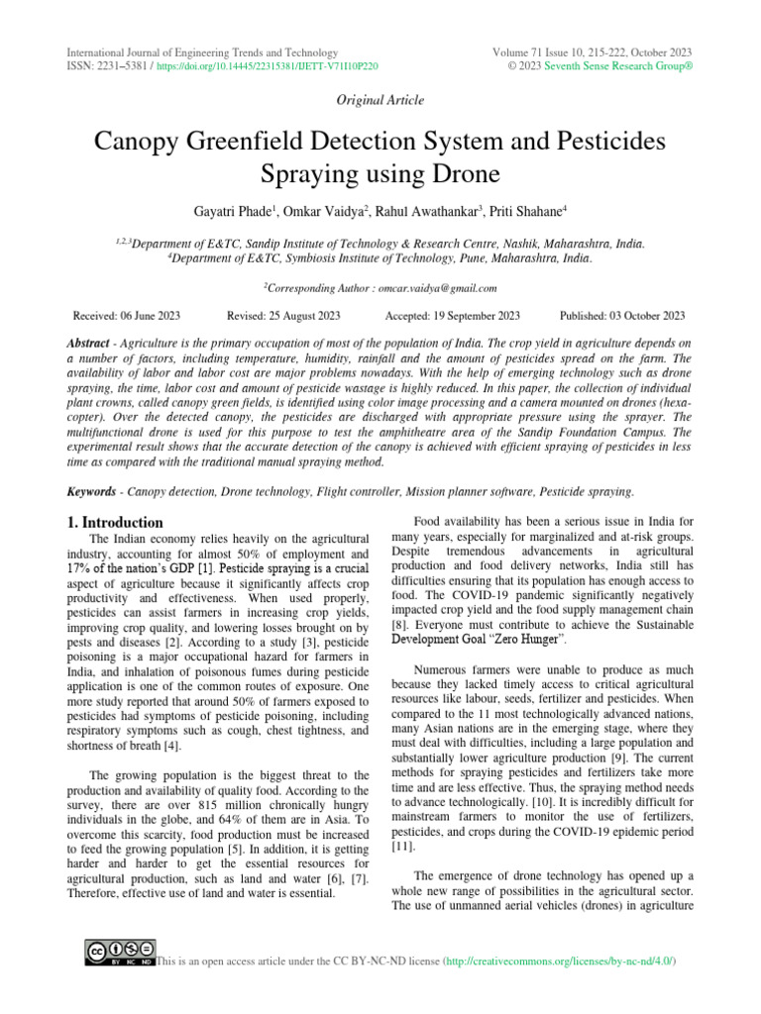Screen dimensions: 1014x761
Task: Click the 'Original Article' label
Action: (x=380, y=100)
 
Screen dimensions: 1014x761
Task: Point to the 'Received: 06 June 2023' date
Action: (x=127, y=316)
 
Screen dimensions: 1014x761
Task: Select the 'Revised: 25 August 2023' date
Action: (x=283, y=316)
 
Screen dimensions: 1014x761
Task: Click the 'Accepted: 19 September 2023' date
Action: (x=452, y=316)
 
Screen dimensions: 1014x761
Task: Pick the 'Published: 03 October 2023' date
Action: (x=622, y=316)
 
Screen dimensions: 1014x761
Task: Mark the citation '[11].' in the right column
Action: (x=401, y=848)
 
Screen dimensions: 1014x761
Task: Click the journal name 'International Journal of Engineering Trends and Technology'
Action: (x=201, y=52)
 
